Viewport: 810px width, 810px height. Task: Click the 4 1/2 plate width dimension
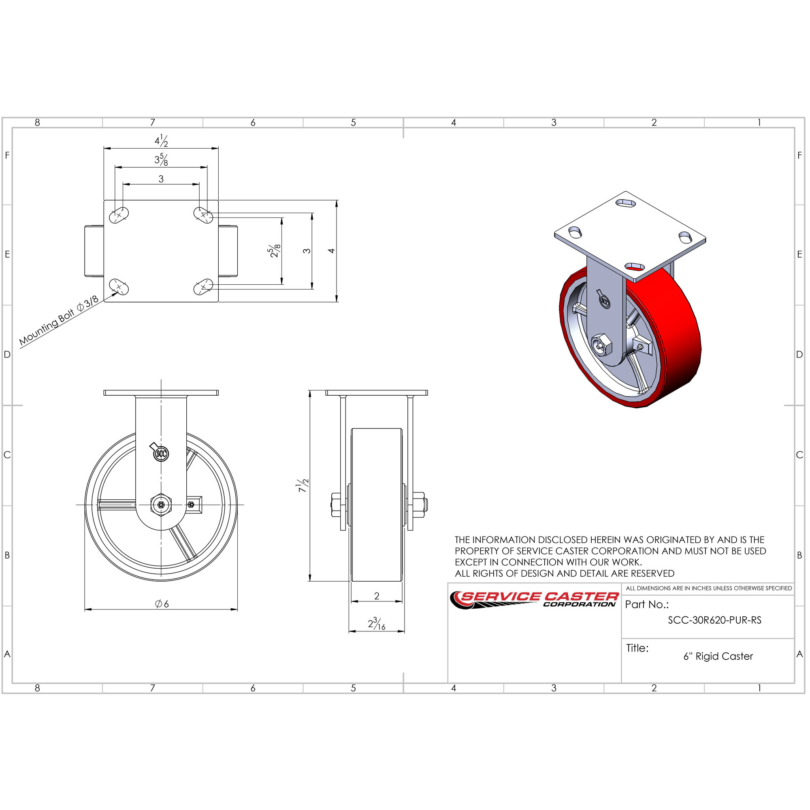pos(162,141)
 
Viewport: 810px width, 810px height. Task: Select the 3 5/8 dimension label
pos(162,160)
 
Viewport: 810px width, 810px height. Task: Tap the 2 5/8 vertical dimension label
pos(275,251)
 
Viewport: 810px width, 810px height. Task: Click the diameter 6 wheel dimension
pos(162,604)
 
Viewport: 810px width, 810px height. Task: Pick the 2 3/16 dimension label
pos(377,623)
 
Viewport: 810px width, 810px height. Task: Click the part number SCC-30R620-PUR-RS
pos(714,620)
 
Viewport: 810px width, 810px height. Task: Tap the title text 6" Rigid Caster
pos(718,656)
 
